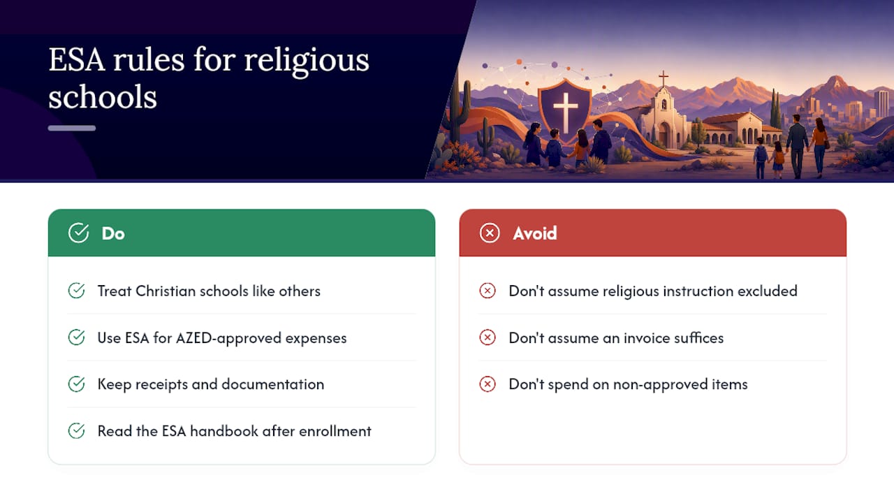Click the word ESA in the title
pos(77,60)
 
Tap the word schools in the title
pos(103,96)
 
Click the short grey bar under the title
pos(72,128)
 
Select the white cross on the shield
pos(565,108)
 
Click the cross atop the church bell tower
pos(664,78)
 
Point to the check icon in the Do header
pos(79,233)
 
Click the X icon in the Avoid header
pos(490,233)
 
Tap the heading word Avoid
pos(535,233)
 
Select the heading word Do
pos(113,233)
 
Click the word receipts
pos(161,384)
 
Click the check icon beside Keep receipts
pos(76,384)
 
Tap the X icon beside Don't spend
pos(488,384)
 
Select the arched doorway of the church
pos(665,135)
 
